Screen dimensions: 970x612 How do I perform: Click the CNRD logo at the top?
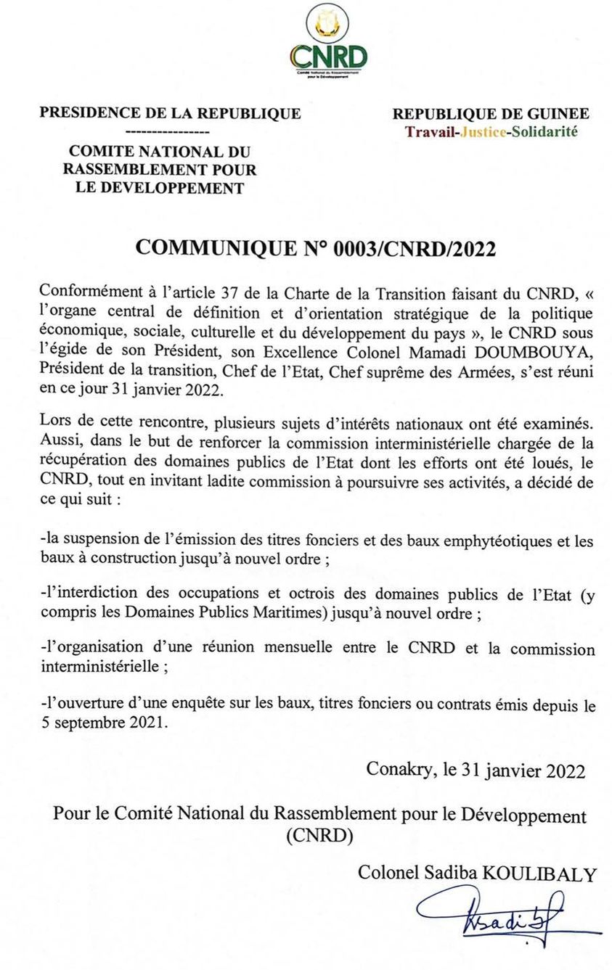tap(328, 44)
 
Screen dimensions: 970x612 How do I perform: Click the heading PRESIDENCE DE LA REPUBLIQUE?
tap(171, 113)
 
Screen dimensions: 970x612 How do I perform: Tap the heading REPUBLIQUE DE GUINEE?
tap(491, 114)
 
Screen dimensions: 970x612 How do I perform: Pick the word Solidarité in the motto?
tap(544, 132)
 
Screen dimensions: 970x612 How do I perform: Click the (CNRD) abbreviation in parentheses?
tap(319, 835)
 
